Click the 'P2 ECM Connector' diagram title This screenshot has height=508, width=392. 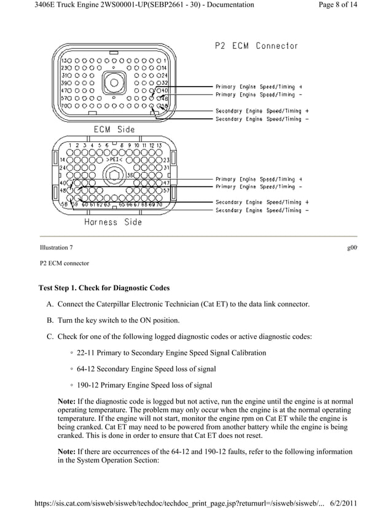(256, 46)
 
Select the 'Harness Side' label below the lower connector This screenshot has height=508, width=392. (113, 222)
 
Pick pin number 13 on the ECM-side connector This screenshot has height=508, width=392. (64, 62)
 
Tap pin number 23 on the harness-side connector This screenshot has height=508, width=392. (166, 160)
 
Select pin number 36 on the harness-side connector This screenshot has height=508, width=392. (130, 175)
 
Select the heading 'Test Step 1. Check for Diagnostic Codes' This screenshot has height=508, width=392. (104, 288)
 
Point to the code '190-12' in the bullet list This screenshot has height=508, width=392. (88, 386)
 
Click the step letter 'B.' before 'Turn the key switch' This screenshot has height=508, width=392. (50, 320)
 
